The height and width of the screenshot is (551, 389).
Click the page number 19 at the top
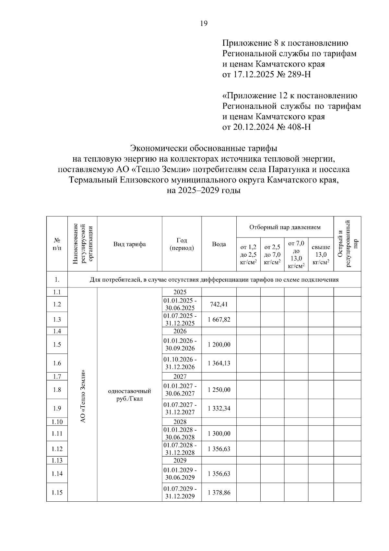pos(204,23)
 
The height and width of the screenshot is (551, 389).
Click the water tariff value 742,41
pos(219,304)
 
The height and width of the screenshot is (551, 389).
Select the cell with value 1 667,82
pos(219,320)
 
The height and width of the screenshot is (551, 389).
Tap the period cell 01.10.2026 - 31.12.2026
pos(182,363)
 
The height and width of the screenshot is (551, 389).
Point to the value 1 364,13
pos(219,363)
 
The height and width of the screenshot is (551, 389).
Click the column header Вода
pos(219,244)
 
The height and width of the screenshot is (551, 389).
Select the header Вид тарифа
pos(129,244)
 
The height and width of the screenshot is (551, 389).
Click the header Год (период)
pos(182,244)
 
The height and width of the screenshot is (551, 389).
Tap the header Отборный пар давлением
pos(285,227)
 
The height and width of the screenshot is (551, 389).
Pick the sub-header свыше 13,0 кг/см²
pos(321,254)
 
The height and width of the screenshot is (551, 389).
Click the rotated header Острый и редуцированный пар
pos(348,243)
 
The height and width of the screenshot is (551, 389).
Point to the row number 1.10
pos(57,422)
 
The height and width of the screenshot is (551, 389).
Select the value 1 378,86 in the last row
pos(219,493)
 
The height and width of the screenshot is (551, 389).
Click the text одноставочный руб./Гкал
pos(129,395)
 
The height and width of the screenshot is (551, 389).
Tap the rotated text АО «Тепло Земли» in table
pos(83,396)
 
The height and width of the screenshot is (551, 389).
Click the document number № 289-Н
pos(294,75)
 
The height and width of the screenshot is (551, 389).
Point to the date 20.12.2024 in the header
pos(253,127)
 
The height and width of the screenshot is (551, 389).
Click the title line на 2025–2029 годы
pos(204,191)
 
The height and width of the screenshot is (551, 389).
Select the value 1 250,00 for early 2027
pos(219,390)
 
